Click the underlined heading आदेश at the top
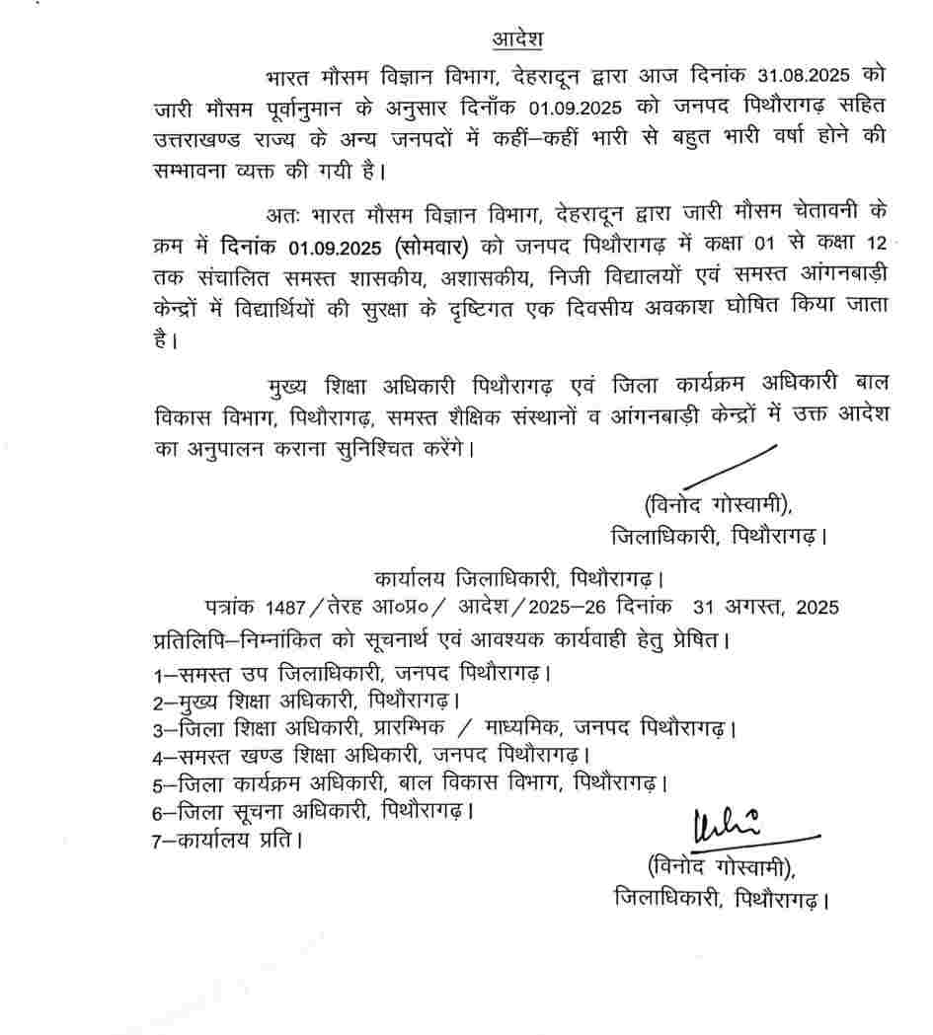coord(518,39)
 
